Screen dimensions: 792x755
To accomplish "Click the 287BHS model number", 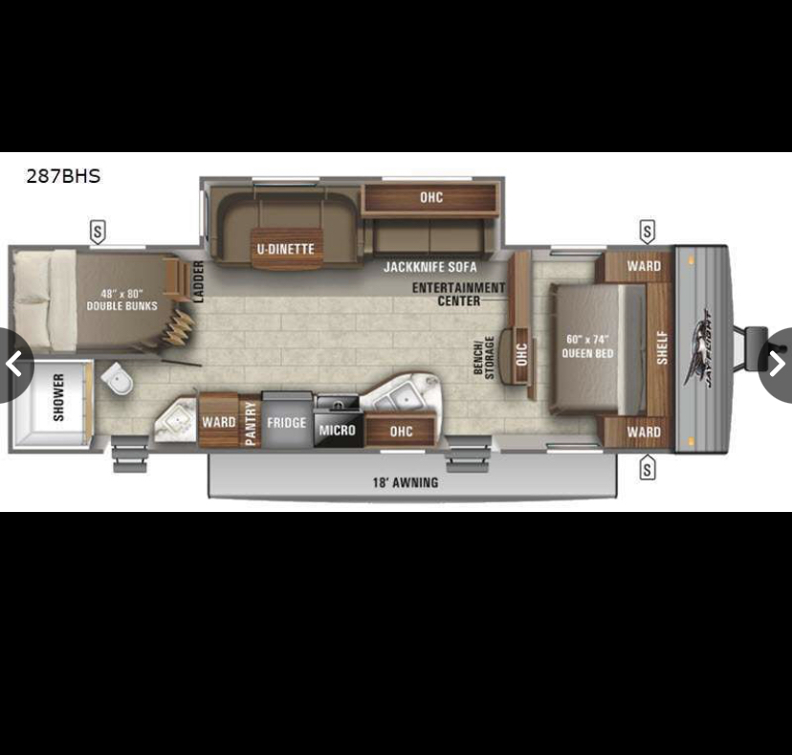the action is tap(63, 176).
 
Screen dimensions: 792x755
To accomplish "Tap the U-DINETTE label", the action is tap(286, 249).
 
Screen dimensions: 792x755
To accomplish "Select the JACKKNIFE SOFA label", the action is tap(429, 267).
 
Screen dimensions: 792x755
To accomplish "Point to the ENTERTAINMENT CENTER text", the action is tap(458, 294).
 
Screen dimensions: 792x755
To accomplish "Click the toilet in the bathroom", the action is tap(118, 377).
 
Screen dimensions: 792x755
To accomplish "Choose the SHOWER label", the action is tap(58, 397).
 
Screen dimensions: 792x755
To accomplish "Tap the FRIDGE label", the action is tap(286, 423).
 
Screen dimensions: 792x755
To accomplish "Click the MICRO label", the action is tap(338, 430).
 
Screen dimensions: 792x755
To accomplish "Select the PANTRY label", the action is tap(250, 424).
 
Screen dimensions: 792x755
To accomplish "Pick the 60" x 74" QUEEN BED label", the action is tap(587, 346).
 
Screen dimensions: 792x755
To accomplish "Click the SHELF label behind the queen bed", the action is tap(662, 347).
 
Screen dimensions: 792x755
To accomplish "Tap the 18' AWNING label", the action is tap(406, 482).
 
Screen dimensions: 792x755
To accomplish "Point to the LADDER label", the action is tap(199, 282).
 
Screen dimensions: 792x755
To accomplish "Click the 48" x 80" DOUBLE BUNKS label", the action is tap(121, 300).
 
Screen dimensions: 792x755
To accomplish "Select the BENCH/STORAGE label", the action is tap(484, 357).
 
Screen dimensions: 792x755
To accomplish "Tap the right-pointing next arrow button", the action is tap(777, 364).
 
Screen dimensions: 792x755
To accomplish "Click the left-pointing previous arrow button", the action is tap(14, 364).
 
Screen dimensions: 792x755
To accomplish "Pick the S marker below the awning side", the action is tap(647, 468).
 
